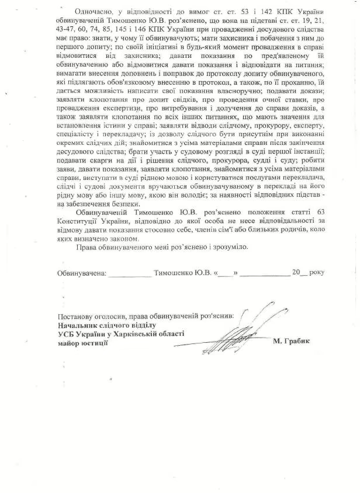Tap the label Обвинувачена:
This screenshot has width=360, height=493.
pyautogui.click(x=82, y=272)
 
